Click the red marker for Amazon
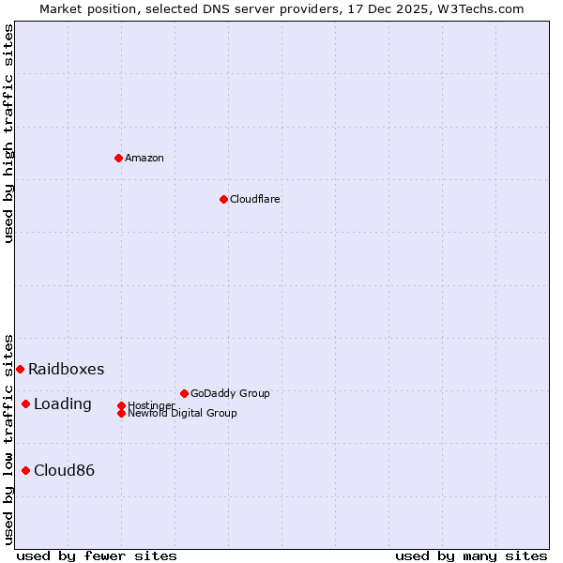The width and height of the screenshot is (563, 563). click(x=118, y=158)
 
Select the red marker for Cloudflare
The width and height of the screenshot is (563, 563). click(x=223, y=199)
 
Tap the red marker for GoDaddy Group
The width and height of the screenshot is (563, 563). click(x=184, y=393)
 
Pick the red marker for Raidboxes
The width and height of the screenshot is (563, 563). click(x=20, y=369)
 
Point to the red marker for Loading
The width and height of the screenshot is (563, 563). click(x=25, y=403)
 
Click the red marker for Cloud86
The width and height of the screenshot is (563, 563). click(x=25, y=470)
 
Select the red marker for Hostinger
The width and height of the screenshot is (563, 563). click(x=121, y=405)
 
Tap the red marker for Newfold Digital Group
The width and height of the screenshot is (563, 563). click(x=121, y=413)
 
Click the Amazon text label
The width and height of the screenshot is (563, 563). click(x=145, y=158)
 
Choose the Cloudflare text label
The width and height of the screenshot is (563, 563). click(x=255, y=199)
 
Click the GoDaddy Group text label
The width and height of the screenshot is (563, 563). click(x=230, y=393)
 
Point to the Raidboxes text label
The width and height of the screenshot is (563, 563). click(x=67, y=369)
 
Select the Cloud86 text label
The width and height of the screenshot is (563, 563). click(x=65, y=470)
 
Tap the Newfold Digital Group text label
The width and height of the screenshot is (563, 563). click(x=183, y=414)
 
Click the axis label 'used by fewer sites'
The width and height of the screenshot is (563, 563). click(x=97, y=555)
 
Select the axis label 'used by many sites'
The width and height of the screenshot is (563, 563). click(x=471, y=555)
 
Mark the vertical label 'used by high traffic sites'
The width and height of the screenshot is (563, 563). click(x=8, y=133)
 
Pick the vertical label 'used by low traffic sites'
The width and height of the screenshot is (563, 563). click(x=8, y=438)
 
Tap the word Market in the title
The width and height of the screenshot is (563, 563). click(x=60, y=8)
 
